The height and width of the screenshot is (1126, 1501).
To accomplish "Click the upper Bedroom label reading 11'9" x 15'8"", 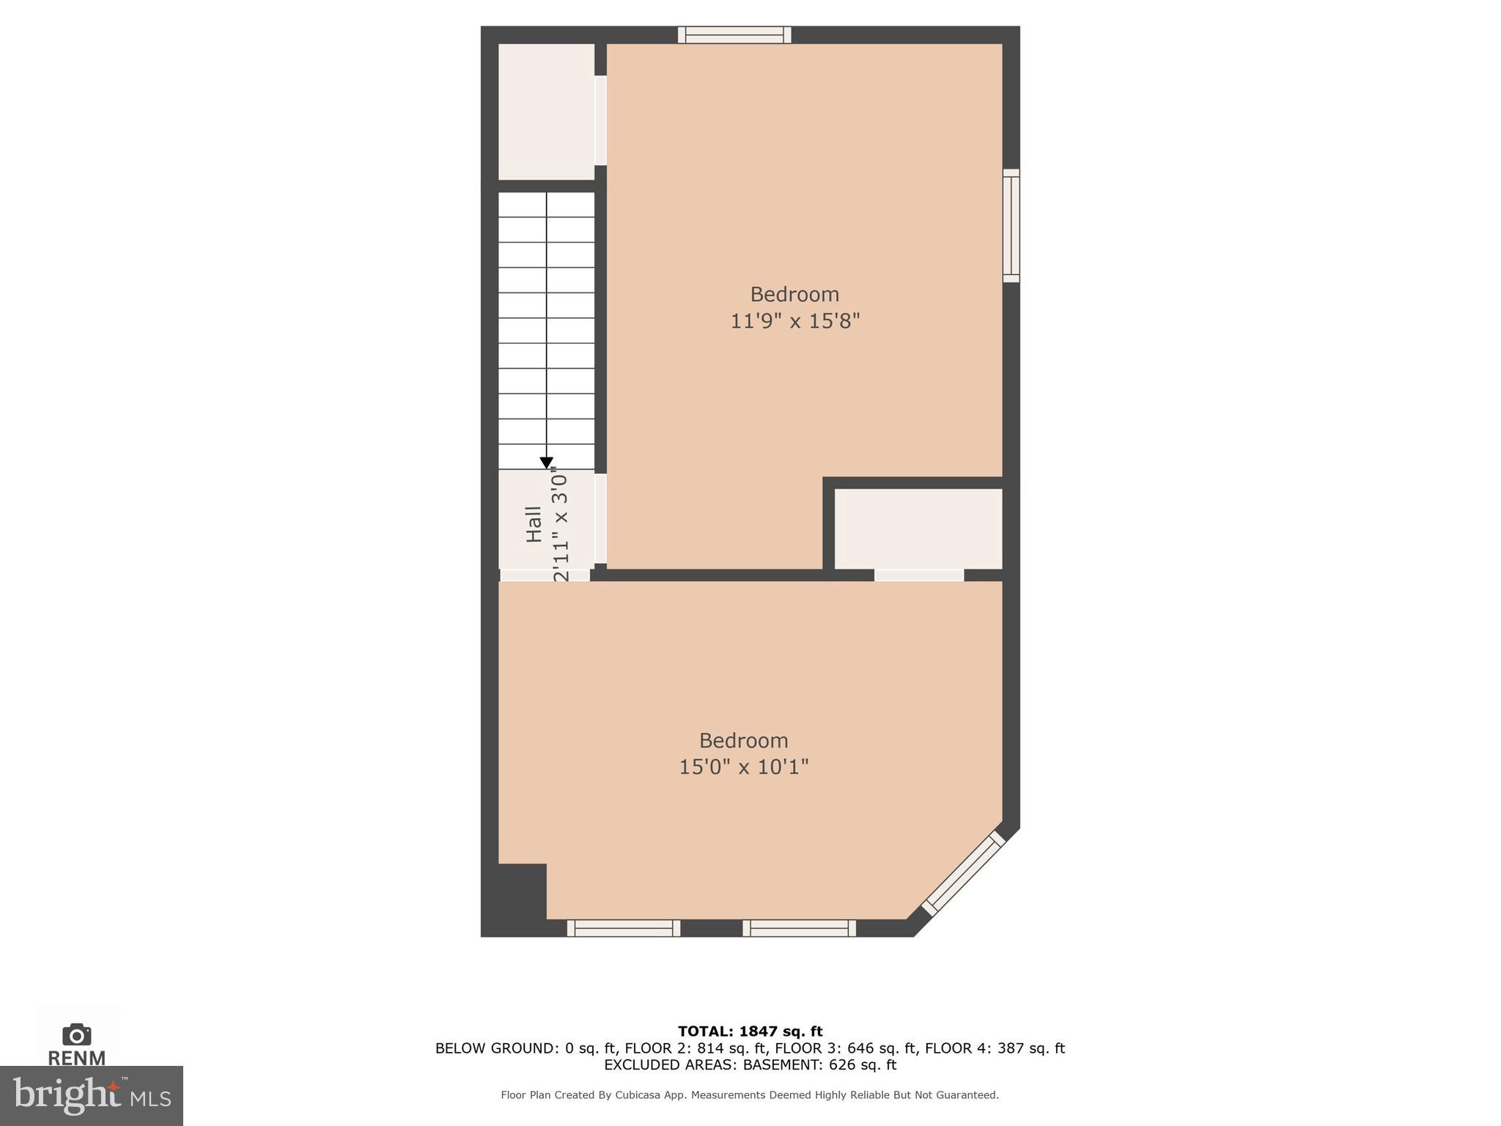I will pyautogui.click(x=794, y=320).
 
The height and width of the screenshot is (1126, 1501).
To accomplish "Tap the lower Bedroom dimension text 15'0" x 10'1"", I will pyautogui.click(x=743, y=767).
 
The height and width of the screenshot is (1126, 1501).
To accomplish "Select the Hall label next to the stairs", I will pyautogui.click(x=534, y=524).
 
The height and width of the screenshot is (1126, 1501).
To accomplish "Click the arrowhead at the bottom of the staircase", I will pyautogui.click(x=546, y=463).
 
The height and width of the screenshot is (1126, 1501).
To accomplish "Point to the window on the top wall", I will pyautogui.click(x=734, y=34).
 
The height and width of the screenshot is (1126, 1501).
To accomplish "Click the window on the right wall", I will pyautogui.click(x=1011, y=226).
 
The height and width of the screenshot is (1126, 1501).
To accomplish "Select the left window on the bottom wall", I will pyautogui.click(x=623, y=928).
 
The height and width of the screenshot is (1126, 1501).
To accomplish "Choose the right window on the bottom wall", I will pyautogui.click(x=799, y=928).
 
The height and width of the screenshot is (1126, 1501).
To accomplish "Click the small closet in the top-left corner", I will pyautogui.click(x=546, y=111).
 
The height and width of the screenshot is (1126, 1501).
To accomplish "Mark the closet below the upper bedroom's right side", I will pyautogui.click(x=918, y=529).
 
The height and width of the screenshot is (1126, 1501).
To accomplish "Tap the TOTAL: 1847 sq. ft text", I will pyautogui.click(x=750, y=1031).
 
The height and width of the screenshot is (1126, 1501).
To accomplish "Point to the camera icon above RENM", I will pyautogui.click(x=76, y=1034).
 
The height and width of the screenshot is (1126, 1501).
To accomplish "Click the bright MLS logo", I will pyautogui.click(x=91, y=1095).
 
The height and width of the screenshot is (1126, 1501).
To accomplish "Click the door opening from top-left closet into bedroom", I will pyautogui.click(x=600, y=121).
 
